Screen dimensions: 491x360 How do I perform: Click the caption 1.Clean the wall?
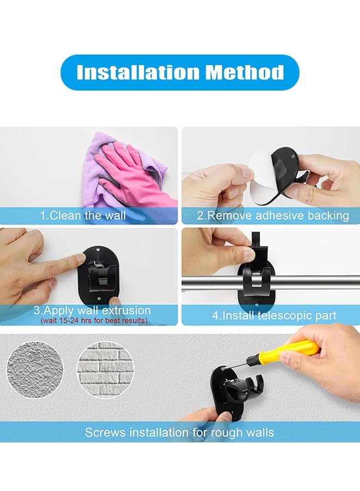pos(83,215)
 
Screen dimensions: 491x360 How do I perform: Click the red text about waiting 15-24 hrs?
pos(94,320)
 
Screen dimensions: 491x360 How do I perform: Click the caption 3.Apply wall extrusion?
pos(92,311)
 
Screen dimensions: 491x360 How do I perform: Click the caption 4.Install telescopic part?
pos(274,315)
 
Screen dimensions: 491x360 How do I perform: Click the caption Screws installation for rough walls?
pos(179,433)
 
